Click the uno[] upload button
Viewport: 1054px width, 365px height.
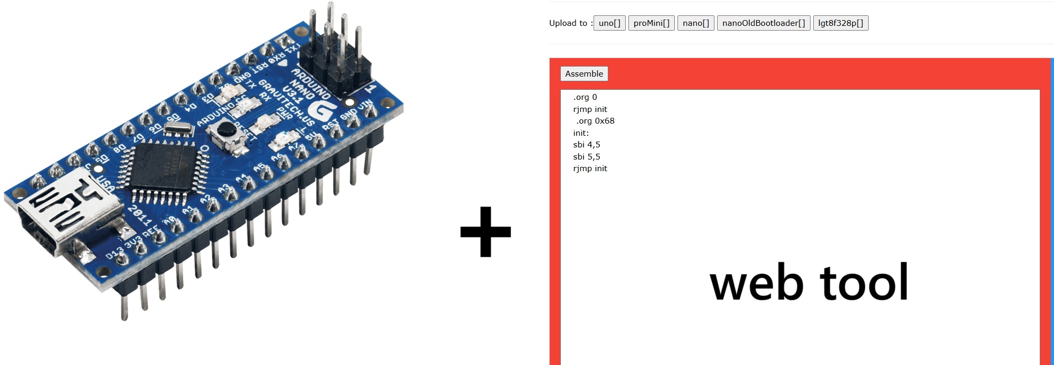point(609,23)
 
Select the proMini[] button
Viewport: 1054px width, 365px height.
point(651,23)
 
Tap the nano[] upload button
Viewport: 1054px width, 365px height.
point(695,23)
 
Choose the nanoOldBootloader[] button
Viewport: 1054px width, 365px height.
point(763,23)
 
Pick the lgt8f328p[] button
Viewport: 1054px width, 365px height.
point(840,23)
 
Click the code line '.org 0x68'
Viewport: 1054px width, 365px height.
point(595,121)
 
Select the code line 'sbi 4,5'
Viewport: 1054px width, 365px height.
point(587,145)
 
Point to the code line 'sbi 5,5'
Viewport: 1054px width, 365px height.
point(587,157)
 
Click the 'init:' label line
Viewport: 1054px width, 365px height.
point(581,133)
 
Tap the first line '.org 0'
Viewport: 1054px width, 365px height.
point(585,97)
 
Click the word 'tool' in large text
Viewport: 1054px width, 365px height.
point(863,283)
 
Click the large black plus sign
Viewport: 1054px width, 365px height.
point(485,232)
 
